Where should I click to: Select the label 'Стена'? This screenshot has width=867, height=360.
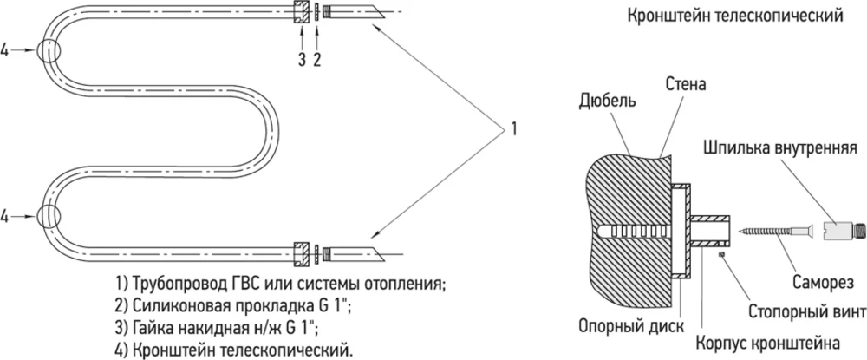[x=686, y=85]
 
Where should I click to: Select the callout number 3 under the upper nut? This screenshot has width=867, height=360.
[x=302, y=59]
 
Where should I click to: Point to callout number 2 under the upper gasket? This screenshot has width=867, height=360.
[x=317, y=59]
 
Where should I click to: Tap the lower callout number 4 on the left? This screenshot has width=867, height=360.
[x=7, y=213]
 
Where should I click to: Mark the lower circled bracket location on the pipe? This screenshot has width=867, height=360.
[x=50, y=213]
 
